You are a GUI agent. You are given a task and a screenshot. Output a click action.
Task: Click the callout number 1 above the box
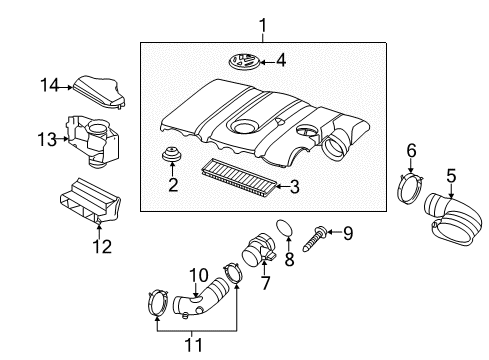pos(263,26)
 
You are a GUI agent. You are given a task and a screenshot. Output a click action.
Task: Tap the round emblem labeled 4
pos(244,62)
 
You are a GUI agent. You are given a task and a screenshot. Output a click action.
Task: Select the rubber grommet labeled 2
pos(172,154)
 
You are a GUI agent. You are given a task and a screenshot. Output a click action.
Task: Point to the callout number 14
pos(49,85)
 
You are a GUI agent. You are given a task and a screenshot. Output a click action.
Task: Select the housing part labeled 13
pos(93,140)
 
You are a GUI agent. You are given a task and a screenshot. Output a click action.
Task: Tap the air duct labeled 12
pos(90,200)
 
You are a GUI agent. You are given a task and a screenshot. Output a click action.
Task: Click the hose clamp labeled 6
pos(410,189)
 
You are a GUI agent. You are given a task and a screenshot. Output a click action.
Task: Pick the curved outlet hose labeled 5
pos(453,219)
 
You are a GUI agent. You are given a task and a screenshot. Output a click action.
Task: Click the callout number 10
pos(198,275)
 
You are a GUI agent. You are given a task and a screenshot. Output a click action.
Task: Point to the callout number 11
pos(193,345)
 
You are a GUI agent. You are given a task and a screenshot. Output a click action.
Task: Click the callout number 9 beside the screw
pos(348,233)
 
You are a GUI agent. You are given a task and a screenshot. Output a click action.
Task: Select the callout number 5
pos(451,176)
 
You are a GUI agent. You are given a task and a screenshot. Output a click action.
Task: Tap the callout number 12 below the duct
pos(102,247)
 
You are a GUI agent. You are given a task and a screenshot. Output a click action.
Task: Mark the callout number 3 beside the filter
pos(295,187)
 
